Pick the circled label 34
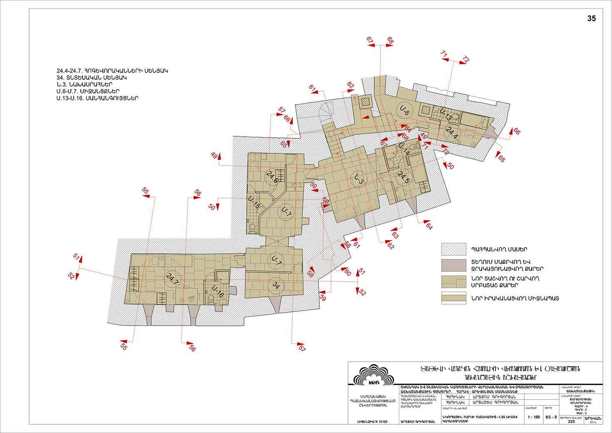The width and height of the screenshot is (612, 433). tap(276, 285)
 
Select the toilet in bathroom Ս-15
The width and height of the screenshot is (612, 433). tap(253, 227)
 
